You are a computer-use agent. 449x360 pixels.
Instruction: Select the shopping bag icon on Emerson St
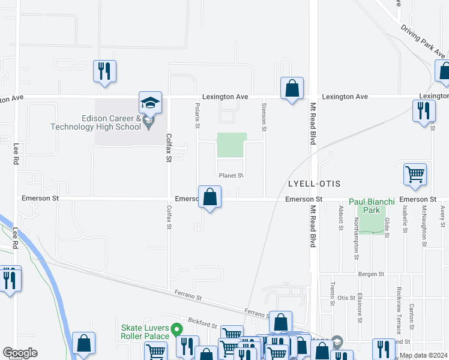point(210,197)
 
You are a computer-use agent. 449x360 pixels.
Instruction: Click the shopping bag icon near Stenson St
point(292,89)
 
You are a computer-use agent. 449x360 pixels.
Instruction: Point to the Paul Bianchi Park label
point(372,206)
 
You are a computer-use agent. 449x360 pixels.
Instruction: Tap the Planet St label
point(231,176)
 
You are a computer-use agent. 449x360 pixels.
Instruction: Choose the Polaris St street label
point(196,115)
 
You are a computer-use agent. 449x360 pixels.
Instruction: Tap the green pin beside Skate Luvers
point(176,329)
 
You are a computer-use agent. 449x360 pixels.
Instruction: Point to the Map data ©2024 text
point(423,355)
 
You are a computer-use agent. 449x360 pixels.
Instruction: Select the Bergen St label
point(372,274)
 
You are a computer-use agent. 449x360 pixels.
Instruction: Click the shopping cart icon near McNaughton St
point(415,175)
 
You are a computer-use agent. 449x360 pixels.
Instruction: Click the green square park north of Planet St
point(232,145)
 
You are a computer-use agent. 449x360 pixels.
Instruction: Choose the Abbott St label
point(340,218)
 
